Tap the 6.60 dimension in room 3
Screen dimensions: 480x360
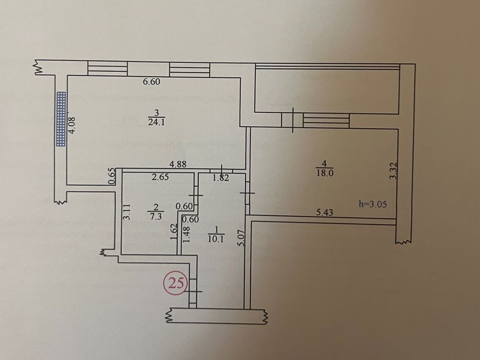[151, 82]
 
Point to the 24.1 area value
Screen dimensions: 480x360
[157, 123]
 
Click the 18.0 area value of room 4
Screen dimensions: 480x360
[324, 173]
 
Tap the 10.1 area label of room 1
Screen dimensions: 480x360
[216, 239]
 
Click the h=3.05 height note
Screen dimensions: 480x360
[372, 204]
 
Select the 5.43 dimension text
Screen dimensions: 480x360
[324, 213]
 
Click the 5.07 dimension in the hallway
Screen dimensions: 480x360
[241, 238]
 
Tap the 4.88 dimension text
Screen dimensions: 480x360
[178, 164]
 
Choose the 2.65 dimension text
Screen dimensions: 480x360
[160, 177]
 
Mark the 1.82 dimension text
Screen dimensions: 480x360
[221, 178]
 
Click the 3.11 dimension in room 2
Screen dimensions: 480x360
[126, 212]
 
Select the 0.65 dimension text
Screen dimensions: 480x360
[112, 176]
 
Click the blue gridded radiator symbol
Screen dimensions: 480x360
[61, 119]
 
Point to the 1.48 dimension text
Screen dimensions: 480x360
[186, 234]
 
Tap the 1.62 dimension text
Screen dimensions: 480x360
[174, 232]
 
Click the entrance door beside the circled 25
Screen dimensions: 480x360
[193, 291]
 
